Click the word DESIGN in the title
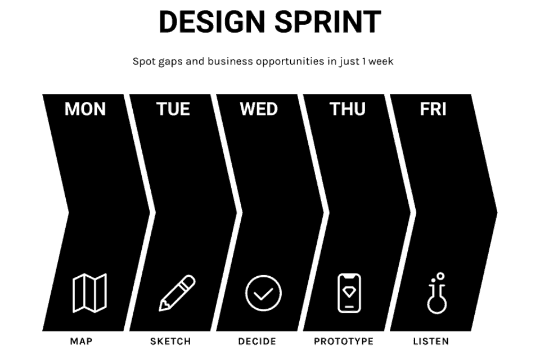pyautogui.click(x=211, y=22)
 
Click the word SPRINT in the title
pyautogui.click(x=328, y=22)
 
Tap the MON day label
pyautogui.click(x=85, y=109)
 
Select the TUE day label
pyautogui.click(x=173, y=109)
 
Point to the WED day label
pyautogui.click(x=259, y=109)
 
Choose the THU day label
pyautogui.click(x=347, y=109)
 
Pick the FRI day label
pyautogui.click(x=433, y=109)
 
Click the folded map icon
pyautogui.click(x=90, y=293)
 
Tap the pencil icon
pyautogui.click(x=177, y=293)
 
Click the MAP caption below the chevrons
pyautogui.click(x=81, y=341)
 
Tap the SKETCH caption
pyautogui.click(x=170, y=341)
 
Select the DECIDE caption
pyautogui.click(x=257, y=341)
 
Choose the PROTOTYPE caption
pyautogui.click(x=344, y=341)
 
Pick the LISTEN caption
pyautogui.click(x=431, y=341)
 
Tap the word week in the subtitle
pyautogui.click(x=381, y=61)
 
